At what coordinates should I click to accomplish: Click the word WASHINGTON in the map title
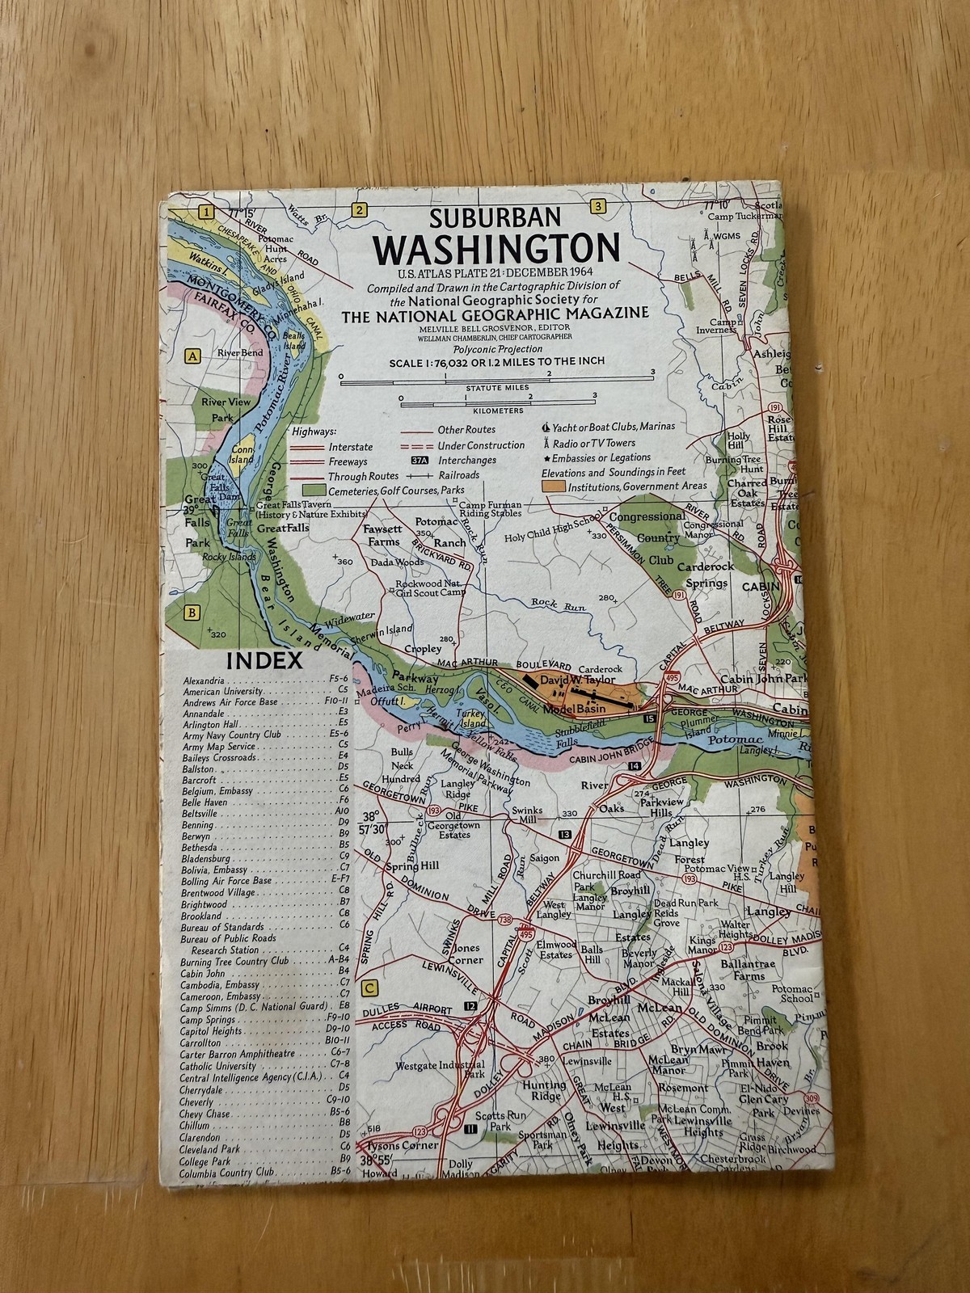496,250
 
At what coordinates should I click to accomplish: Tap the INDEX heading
264,660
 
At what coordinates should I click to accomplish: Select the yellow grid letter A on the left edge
192,356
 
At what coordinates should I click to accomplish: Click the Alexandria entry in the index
204,680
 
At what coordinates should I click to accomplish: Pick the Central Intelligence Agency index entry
251,1078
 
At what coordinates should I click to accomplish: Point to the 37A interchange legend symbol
419,460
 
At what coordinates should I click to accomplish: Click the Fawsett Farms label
382,535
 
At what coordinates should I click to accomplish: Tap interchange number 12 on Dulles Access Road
470,1005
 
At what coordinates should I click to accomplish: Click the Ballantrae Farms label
750,970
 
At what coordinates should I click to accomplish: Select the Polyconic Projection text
496,348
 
